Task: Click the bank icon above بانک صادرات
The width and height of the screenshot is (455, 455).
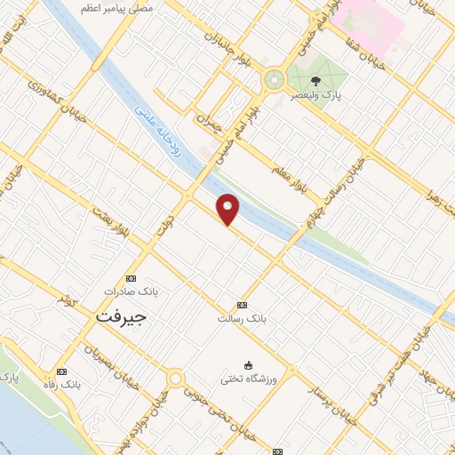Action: [x=132, y=278]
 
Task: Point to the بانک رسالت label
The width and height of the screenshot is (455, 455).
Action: [x=242, y=317]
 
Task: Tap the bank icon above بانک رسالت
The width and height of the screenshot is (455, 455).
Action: [x=243, y=304]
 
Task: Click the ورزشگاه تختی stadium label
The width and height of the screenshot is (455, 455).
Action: [x=250, y=379]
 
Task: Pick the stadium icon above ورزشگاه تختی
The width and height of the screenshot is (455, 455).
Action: [x=249, y=365]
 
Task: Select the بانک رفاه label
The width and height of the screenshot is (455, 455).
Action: [x=61, y=385]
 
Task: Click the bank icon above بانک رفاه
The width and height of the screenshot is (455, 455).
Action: [x=61, y=371]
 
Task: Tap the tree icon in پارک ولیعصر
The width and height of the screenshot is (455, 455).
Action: [x=316, y=79]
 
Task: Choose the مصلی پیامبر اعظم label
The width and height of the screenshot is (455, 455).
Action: [x=116, y=7]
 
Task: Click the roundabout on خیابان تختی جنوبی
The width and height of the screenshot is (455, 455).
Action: [x=175, y=379]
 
